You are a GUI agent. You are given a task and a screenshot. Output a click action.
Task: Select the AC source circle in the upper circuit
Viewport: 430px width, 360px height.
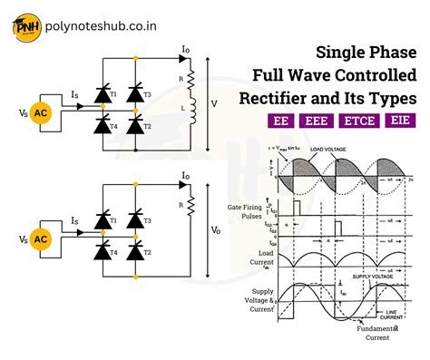(40, 113)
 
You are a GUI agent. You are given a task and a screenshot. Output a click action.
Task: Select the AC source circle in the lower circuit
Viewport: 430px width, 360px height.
(40, 239)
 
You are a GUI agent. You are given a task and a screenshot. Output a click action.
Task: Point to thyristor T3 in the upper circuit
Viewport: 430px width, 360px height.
(137, 94)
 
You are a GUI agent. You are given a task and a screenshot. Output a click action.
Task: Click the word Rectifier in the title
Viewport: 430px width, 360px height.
(273, 96)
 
